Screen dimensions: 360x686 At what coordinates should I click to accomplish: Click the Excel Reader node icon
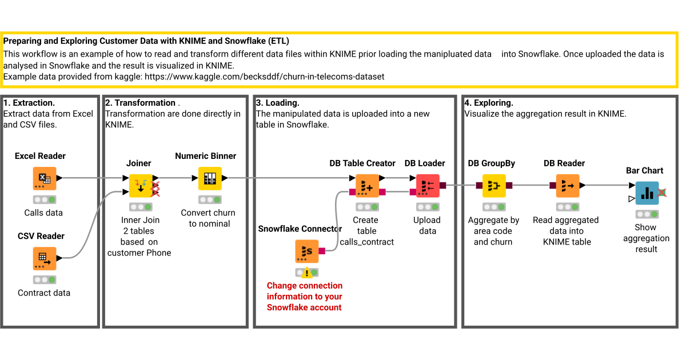pos(44,178)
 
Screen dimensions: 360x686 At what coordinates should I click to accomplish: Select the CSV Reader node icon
pos(44,258)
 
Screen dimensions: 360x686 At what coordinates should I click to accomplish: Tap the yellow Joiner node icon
pos(140,186)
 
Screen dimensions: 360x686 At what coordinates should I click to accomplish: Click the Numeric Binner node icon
pos(210,178)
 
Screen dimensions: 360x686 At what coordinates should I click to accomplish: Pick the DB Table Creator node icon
pos(366,186)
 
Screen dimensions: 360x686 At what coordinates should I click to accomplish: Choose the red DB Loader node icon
pos(427,186)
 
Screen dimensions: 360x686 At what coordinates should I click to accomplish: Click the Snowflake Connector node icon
pos(306,251)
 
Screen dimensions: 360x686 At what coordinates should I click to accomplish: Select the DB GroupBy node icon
pos(494,186)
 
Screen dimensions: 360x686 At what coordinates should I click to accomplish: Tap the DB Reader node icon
pos(568,186)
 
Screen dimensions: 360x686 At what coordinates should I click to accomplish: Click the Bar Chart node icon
pos(647,193)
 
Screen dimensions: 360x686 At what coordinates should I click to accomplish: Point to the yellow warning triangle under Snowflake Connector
pos(307,273)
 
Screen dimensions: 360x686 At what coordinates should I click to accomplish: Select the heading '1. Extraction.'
pos(29,103)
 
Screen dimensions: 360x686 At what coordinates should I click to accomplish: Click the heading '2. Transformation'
pos(140,103)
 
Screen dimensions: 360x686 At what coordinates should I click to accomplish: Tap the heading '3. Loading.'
pos(278,103)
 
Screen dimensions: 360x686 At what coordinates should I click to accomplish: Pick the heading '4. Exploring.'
pos(489,103)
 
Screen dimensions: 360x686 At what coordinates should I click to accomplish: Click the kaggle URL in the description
pos(264,76)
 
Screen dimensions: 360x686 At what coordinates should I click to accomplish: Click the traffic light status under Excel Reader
pos(44,200)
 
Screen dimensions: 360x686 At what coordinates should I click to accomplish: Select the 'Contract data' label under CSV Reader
pos(44,293)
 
